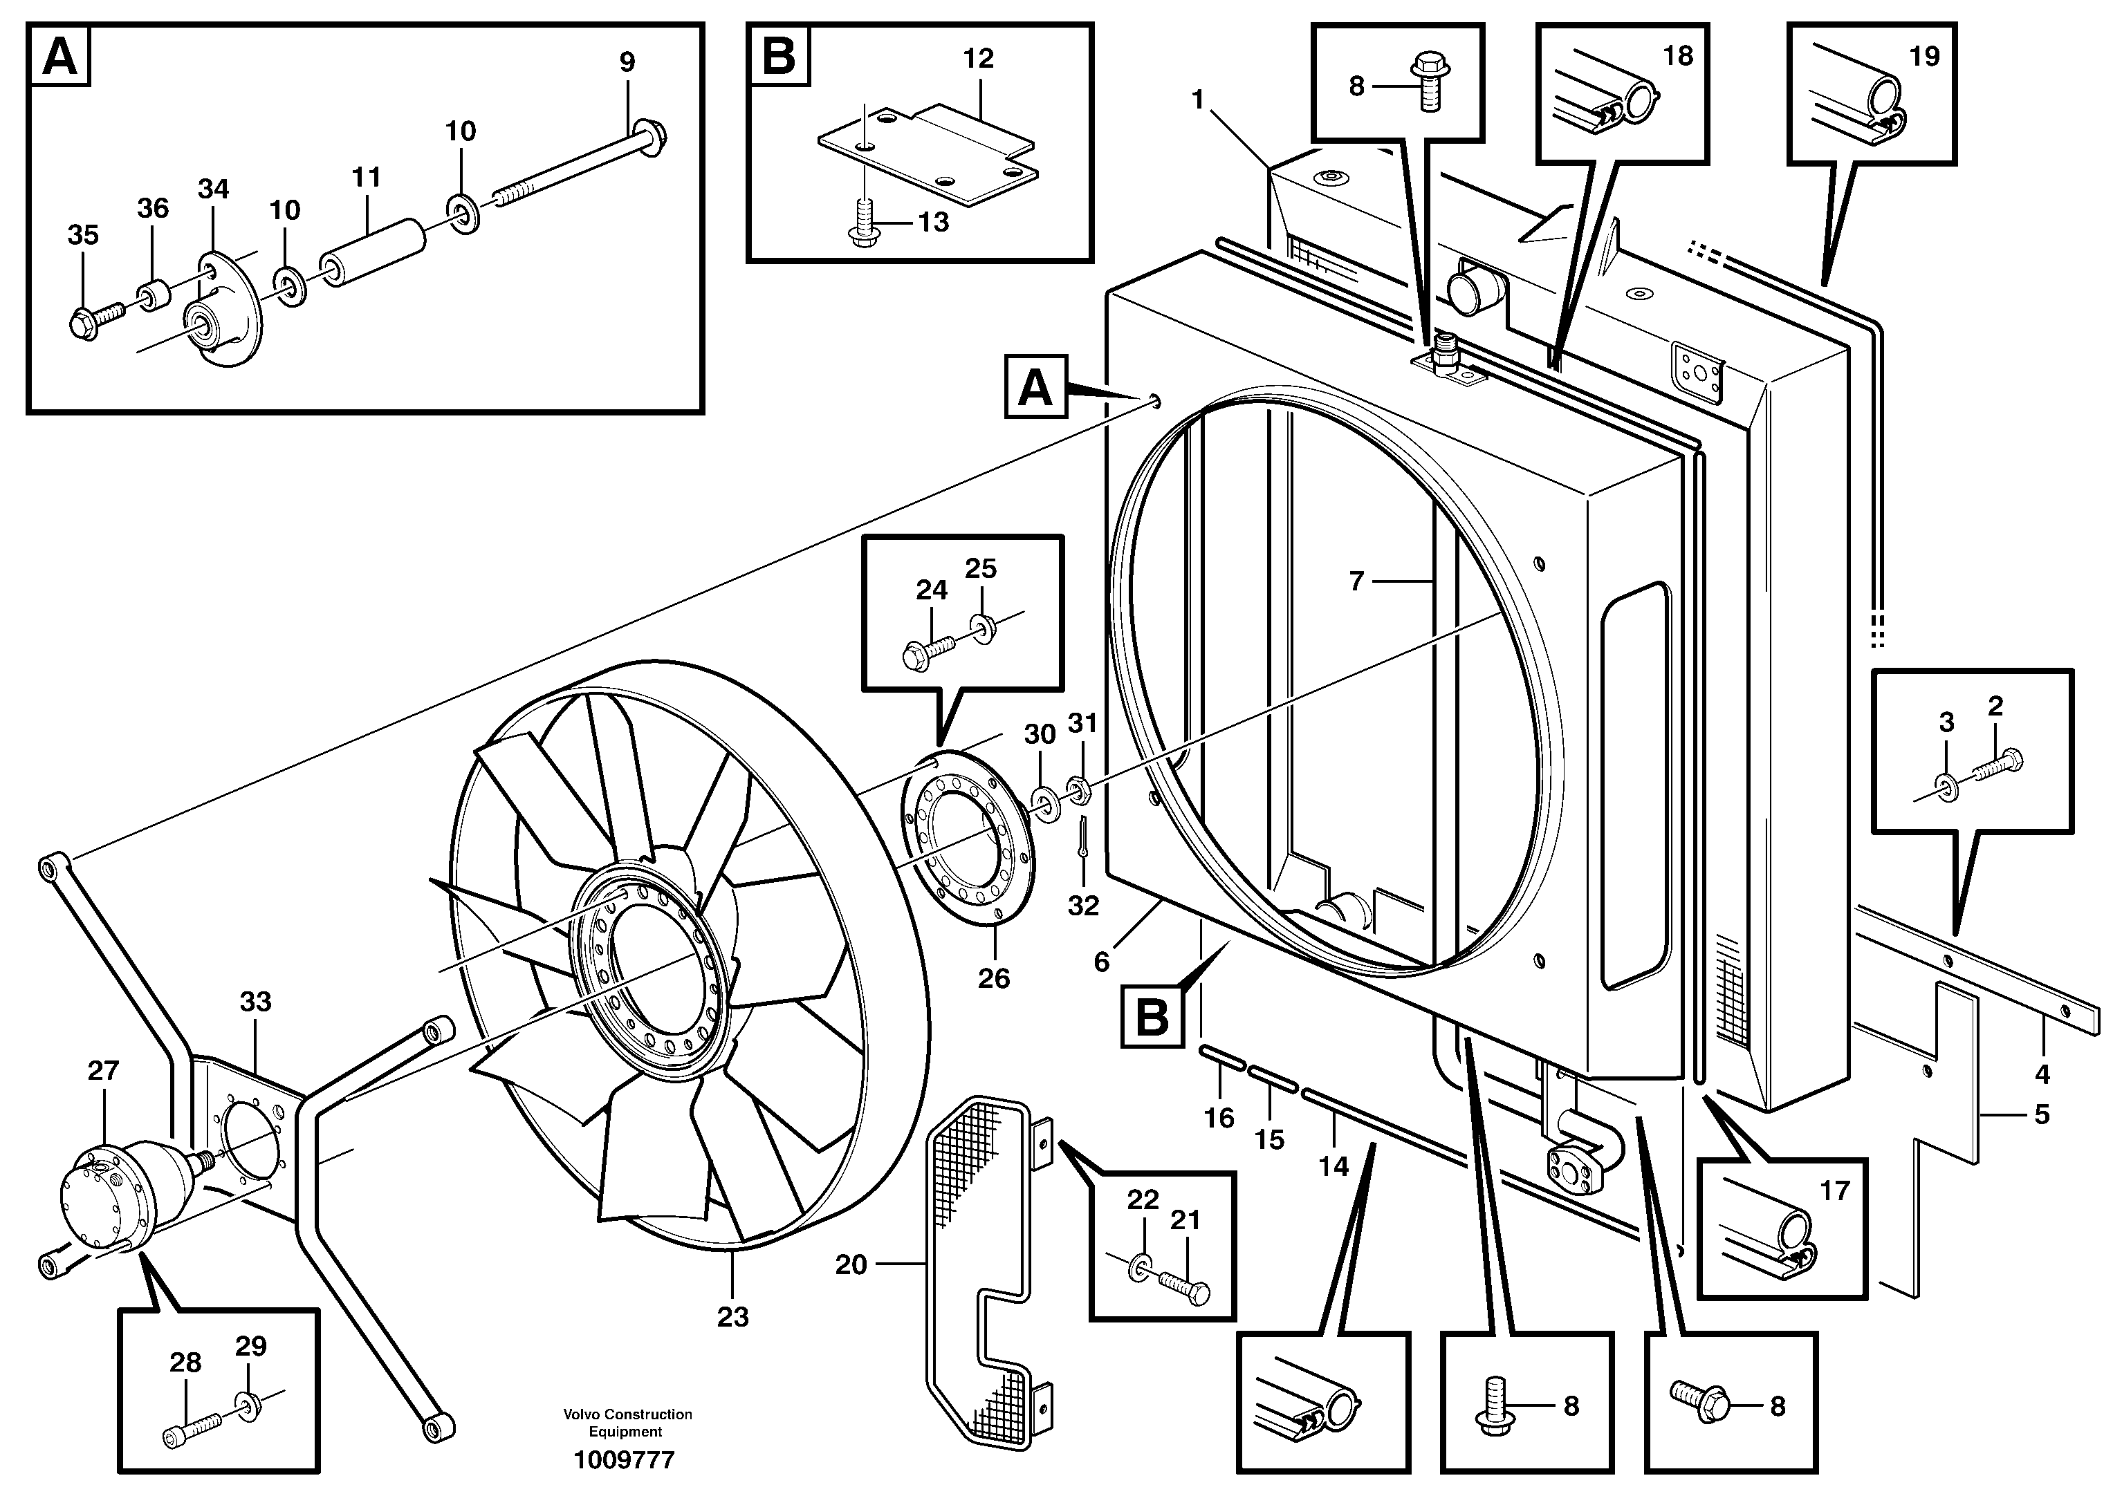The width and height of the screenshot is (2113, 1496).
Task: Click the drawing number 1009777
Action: tap(624, 1460)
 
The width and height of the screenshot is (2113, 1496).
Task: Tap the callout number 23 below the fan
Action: tap(732, 1316)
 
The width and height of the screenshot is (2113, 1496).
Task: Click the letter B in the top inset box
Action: tap(779, 56)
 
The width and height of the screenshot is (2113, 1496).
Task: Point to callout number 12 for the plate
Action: tap(978, 58)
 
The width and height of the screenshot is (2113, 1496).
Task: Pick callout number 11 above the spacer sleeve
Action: tap(366, 177)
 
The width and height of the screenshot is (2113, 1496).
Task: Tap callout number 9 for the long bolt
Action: tap(627, 62)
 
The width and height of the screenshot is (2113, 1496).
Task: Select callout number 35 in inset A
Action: tap(83, 235)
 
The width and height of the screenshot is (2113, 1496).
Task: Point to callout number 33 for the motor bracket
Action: tap(255, 1001)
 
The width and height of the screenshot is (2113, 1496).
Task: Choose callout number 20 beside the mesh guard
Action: tap(851, 1265)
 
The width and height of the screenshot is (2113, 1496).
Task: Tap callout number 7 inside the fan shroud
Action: tap(1356, 581)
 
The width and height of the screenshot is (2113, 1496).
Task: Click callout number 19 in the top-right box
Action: tap(1924, 56)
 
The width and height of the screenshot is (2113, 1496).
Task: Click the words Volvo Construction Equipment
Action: tap(627, 1422)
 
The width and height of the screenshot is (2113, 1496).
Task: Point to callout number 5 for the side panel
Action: tap(2041, 1114)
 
